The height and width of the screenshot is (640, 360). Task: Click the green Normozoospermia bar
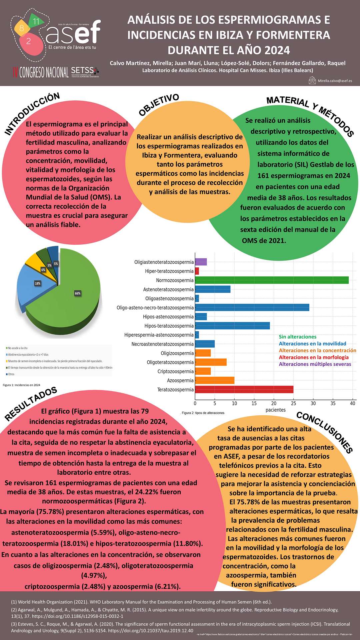pos(272,280)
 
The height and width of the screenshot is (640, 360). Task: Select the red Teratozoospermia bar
pos(244,389)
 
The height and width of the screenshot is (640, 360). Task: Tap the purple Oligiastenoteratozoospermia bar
pos(201,262)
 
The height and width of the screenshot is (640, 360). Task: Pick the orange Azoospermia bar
pos(215,380)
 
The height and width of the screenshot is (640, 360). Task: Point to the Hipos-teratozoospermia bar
pos(232,326)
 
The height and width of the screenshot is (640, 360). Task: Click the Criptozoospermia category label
pos(175,371)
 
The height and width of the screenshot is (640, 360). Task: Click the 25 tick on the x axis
pos(293,403)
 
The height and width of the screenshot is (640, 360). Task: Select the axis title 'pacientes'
pos(275,410)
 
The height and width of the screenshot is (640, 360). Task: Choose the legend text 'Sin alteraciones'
pos(297,337)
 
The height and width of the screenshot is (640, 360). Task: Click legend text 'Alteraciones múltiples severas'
pos(315,364)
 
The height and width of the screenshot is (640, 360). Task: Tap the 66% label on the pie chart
pos(78,293)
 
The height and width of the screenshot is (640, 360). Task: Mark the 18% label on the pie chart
pos(38,283)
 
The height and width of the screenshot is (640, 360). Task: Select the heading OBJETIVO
pos(159,105)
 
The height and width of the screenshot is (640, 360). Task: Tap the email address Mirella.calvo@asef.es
pos(335,81)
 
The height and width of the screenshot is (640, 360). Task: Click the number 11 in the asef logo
pos(36,21)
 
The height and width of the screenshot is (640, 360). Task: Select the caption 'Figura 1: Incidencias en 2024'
pos(21,385)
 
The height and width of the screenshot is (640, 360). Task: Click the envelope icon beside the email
pos(312,80)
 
